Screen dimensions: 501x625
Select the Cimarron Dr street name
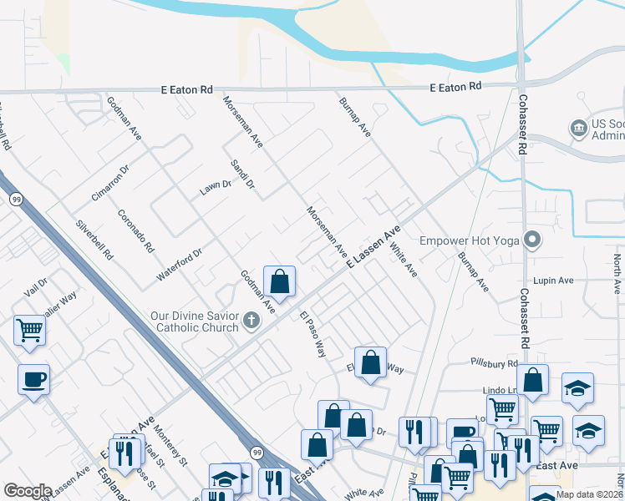point(111,183)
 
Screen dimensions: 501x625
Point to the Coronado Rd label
point(136,231)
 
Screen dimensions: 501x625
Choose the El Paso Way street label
point(312,334)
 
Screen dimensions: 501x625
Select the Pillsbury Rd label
point(493,364)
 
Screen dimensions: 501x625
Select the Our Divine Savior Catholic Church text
point(195,321)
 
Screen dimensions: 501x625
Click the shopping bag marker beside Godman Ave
point(280,281)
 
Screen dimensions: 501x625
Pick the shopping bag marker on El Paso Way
point(370,362)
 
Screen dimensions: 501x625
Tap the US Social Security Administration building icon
point(578,129)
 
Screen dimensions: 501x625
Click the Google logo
point(28,491)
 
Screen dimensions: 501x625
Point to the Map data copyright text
point(588,494)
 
